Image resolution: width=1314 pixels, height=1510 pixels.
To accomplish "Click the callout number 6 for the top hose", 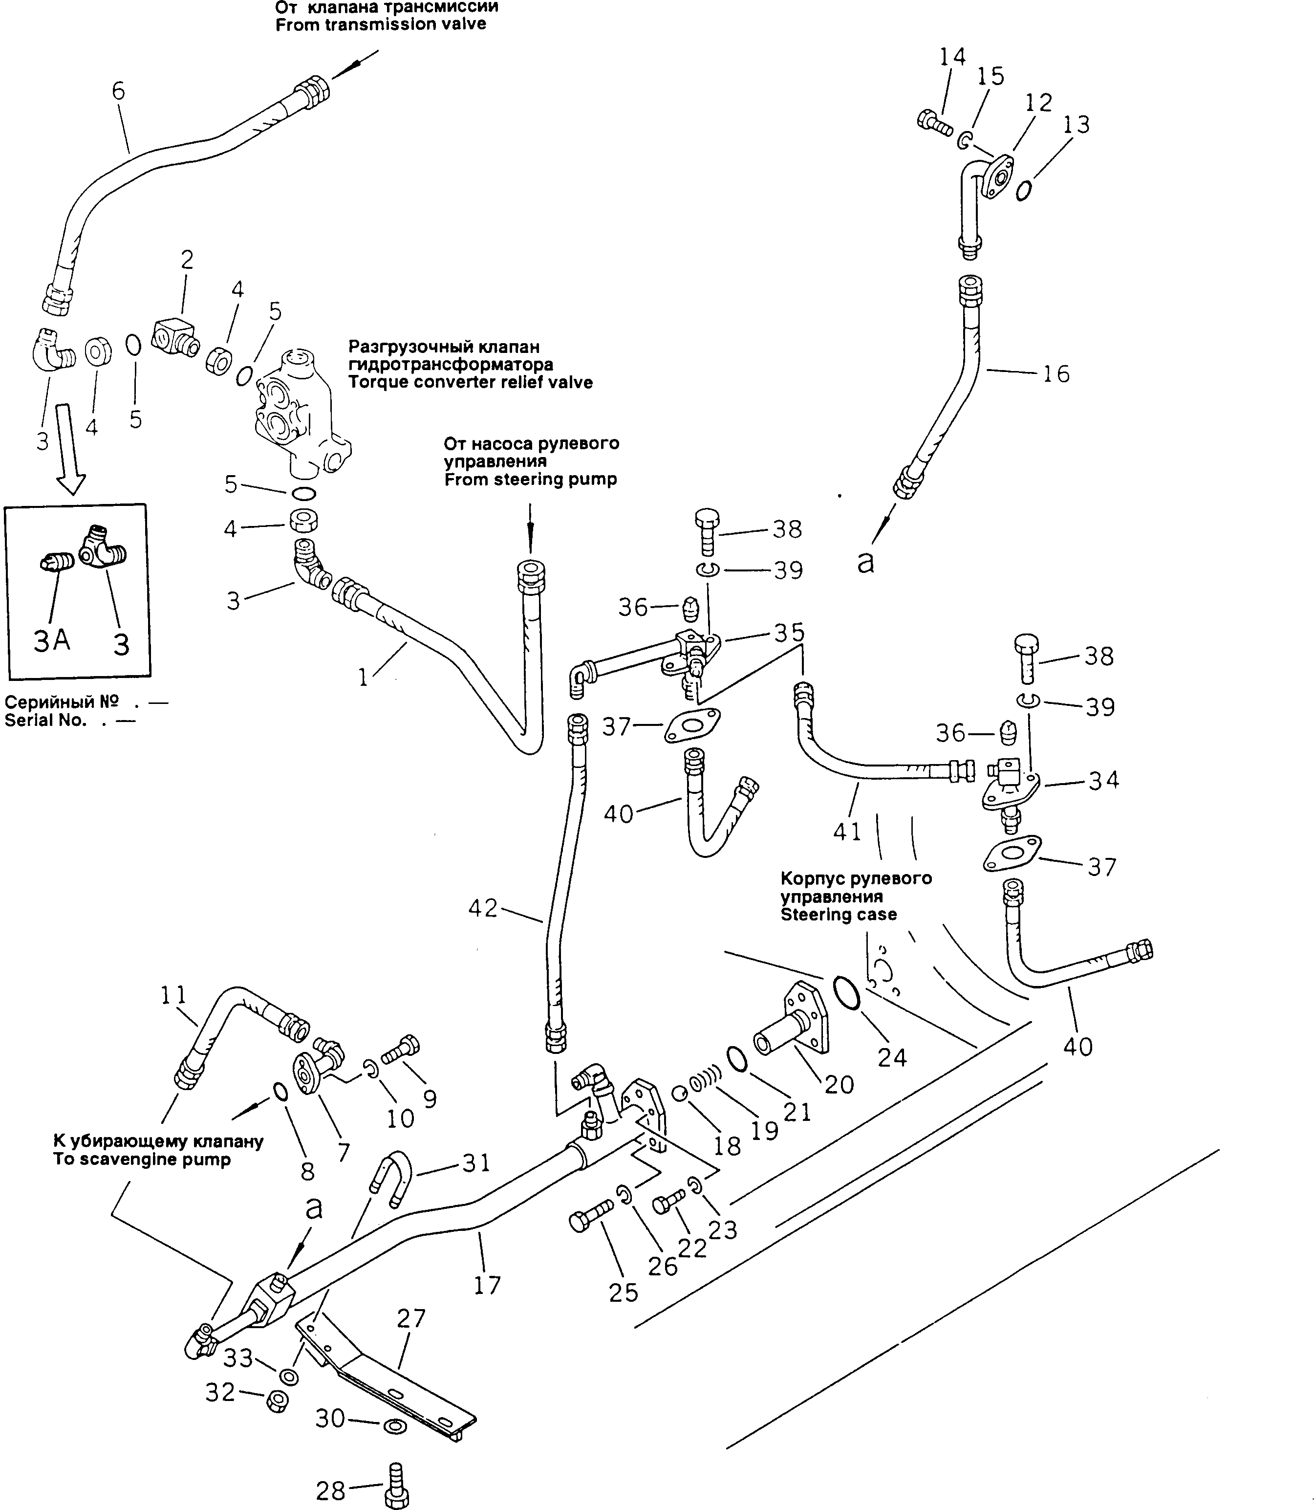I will pos(118,92).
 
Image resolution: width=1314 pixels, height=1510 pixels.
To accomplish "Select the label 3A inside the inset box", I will pos(52,641).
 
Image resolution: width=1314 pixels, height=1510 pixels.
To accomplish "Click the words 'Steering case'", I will pos(838,915).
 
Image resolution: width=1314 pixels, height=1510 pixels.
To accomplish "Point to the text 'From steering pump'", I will pos(530,480).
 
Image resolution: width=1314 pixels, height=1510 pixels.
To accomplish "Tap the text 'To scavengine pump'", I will pos(142,1160).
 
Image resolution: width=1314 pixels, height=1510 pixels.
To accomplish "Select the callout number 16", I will pos(1056,374).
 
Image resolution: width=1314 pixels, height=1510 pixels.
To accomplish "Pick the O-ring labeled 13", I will pos(1024,191).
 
